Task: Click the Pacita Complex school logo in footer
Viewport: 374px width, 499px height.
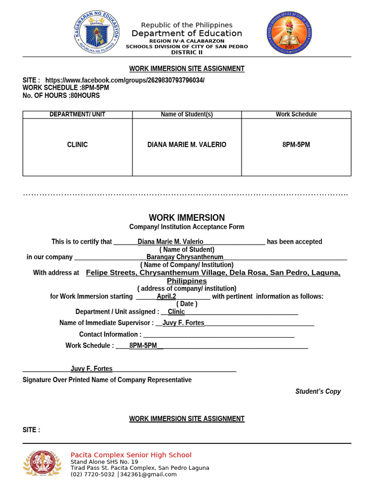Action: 43,463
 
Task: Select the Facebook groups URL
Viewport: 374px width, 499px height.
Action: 125,80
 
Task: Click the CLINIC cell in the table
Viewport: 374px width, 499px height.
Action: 77,145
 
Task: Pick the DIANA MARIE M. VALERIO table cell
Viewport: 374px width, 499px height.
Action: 187,145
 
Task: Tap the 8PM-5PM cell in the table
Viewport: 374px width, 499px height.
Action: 296,145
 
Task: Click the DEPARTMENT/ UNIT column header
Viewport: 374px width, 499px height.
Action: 77,115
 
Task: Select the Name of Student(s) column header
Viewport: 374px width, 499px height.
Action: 187,115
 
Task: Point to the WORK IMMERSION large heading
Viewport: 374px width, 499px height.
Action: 187,218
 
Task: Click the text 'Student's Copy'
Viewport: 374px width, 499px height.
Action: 318,391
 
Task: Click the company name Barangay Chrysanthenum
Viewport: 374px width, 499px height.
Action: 185,257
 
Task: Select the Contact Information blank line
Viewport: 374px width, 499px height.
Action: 219,334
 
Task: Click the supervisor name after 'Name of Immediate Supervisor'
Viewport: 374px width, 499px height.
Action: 184,323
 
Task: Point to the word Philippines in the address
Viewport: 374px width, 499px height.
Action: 187,281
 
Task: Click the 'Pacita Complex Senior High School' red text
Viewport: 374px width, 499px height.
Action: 131,455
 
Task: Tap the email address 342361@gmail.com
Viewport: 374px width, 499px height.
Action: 148,474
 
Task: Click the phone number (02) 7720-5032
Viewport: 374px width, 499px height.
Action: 93,474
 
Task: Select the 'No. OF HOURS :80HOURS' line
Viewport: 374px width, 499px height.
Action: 61,96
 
